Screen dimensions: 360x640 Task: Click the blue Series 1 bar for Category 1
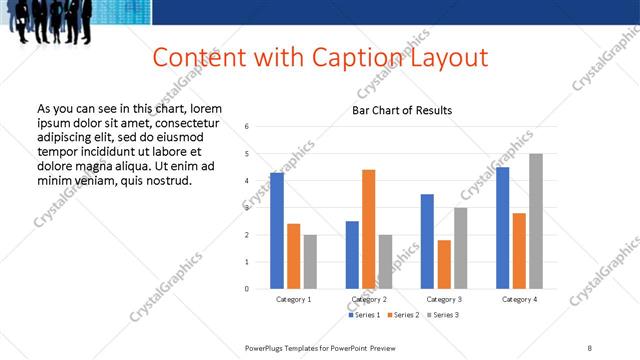tap(277, 231)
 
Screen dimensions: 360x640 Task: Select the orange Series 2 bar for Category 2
tap(368, 229)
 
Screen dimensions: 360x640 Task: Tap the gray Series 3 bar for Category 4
tap(536, 221)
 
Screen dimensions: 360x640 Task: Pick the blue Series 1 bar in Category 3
tap(427, 241)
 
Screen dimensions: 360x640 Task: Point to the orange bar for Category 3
tap(444, 264)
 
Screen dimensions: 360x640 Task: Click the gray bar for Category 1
tap(310, 262)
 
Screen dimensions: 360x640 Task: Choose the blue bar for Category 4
tap(502, 228)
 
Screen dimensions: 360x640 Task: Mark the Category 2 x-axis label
tap(368, 299)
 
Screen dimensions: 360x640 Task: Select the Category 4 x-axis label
tap(519, 299)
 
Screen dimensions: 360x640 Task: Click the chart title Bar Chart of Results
tap(402, 110)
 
